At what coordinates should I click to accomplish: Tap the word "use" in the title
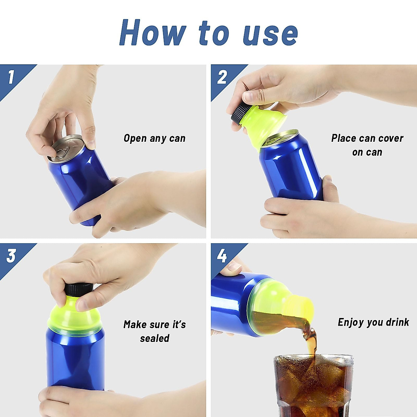[x=270, y=34]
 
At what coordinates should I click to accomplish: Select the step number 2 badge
[x=222, y=77]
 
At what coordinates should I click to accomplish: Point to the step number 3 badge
[x=11, y=256]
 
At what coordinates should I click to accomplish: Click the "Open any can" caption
[x=154, y=138]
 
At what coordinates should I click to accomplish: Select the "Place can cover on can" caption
[x=367, y=145]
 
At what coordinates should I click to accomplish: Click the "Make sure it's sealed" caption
[x=155, y=331]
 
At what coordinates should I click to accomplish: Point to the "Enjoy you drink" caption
[x=373, y=322]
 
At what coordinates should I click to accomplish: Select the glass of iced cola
[x=313, y=386]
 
